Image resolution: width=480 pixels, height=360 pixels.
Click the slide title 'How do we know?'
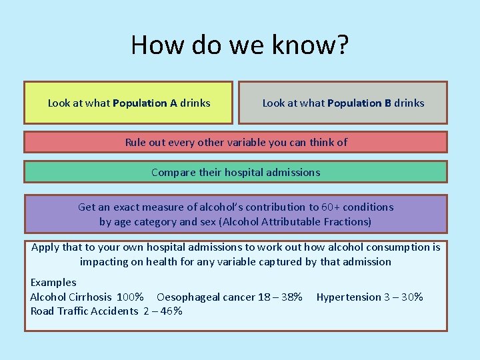point(239,45)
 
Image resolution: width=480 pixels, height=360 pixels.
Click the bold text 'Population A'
point(145,103)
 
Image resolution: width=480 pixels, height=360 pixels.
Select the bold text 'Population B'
point(359,103)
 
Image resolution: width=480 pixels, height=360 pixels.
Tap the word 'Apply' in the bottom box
point(45,247)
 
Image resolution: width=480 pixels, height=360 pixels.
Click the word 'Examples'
point(53,283)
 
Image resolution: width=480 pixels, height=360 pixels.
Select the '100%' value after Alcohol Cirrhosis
point(131,297)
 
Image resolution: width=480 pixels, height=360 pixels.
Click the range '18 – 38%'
point(281,297)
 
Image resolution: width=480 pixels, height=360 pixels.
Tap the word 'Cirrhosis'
point(90,297)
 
